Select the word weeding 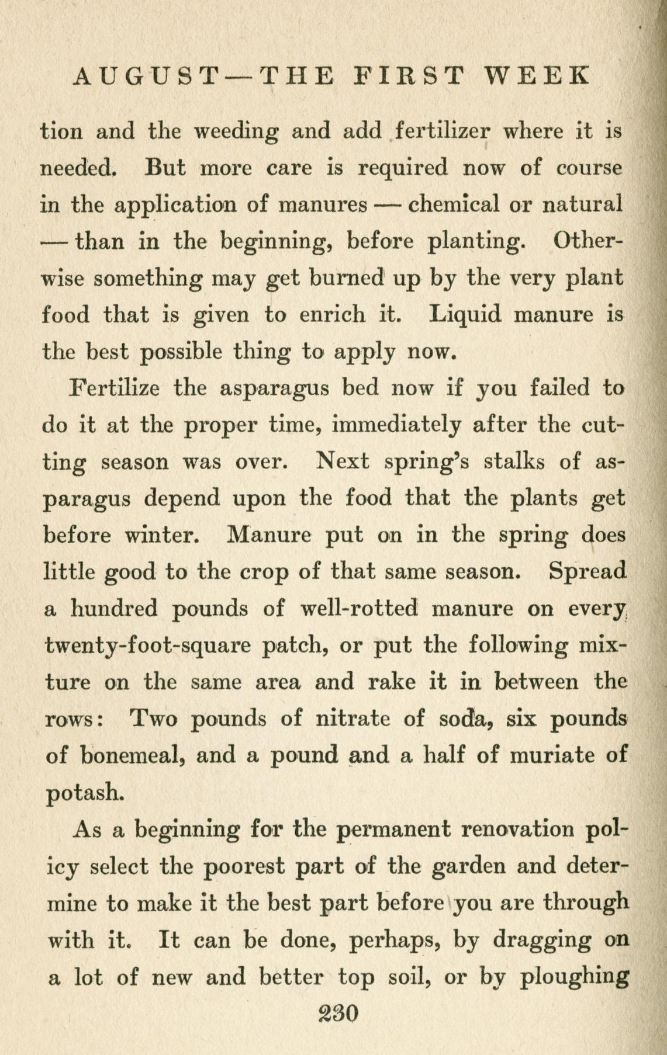[x=236, y=132]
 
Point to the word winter [x=160, y=535]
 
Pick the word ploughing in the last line [x=574, y=977]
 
